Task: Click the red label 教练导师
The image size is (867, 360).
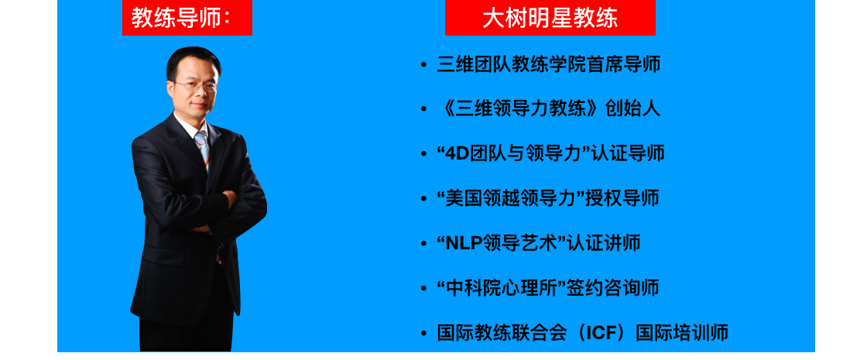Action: point(187,18)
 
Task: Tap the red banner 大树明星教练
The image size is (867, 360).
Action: point(550,18)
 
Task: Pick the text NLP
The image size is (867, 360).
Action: point(464,243)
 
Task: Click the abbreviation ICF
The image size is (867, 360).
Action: point(603,333)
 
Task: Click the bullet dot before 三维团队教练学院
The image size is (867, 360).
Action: point(423,65)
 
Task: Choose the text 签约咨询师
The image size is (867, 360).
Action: point(612,288)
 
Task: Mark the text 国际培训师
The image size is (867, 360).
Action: point(682,333)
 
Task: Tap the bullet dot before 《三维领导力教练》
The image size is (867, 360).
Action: point(423,109)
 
